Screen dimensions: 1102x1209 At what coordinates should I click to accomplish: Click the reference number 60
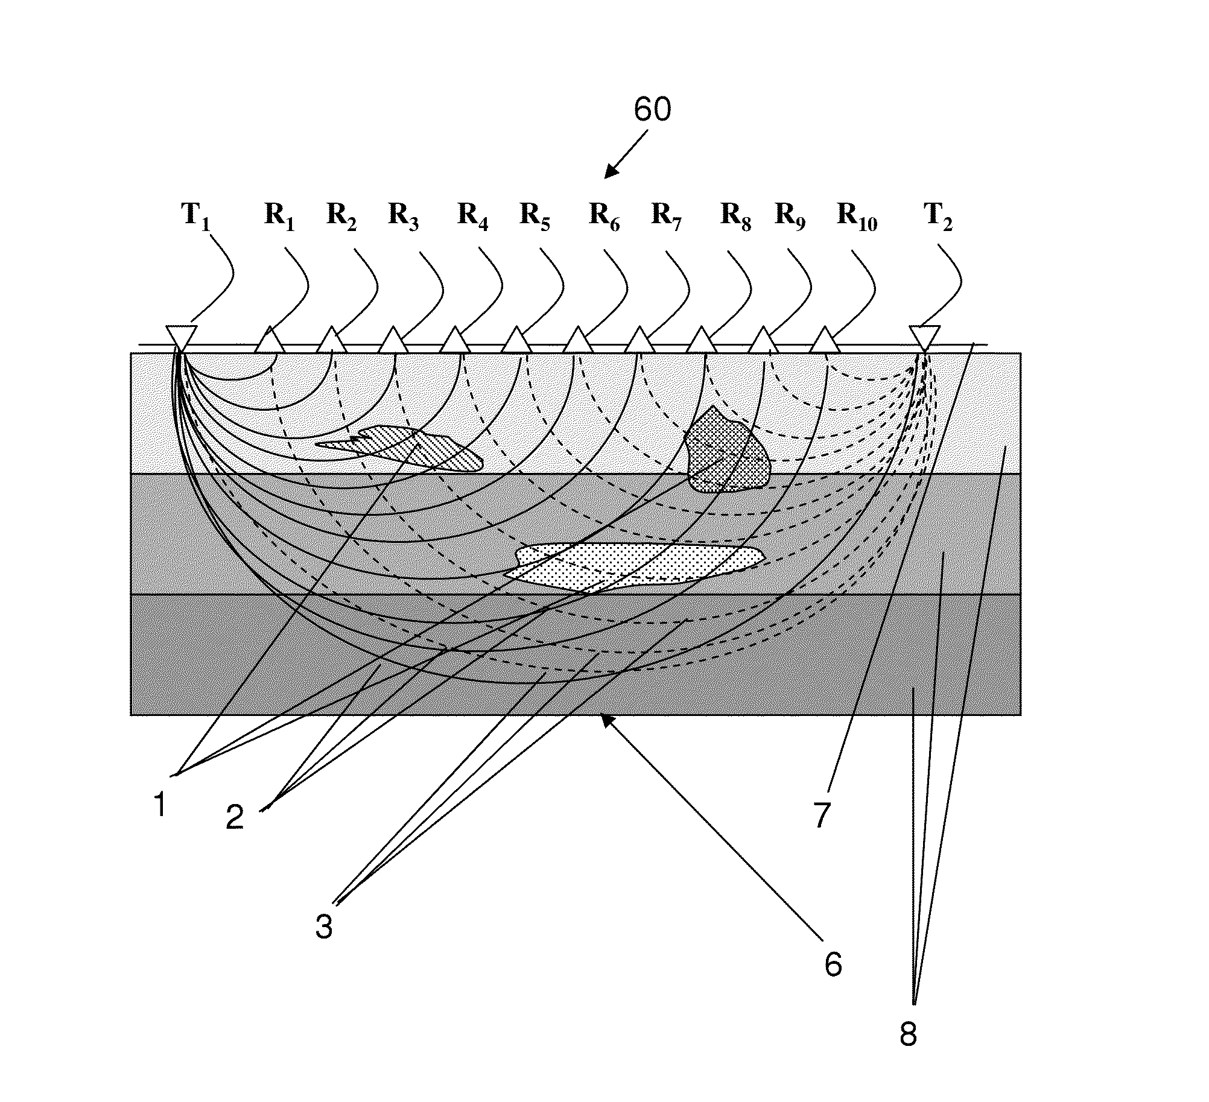652,111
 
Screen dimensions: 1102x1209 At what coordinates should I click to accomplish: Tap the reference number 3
324,926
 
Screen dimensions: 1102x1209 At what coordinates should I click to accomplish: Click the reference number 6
833,965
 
